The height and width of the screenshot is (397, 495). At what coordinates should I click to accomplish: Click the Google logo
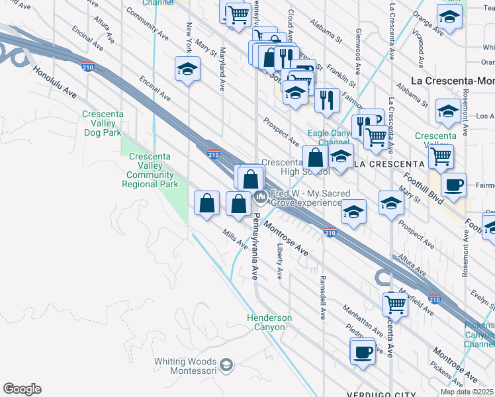(x=22, y=389)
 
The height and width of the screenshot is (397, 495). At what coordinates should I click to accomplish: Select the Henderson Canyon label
(x=270, y=322)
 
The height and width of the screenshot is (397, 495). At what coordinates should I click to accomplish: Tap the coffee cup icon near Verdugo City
(x=363, y=352)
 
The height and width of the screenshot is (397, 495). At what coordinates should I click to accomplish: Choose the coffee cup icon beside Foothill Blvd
(x=453, y=185)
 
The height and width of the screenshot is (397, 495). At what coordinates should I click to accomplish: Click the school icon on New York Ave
(x=187, y=69)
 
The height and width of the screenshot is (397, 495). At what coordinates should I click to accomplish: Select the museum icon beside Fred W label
(x=261, y=197)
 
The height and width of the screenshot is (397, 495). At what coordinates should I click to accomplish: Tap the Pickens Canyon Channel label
(x=480, y=334)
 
